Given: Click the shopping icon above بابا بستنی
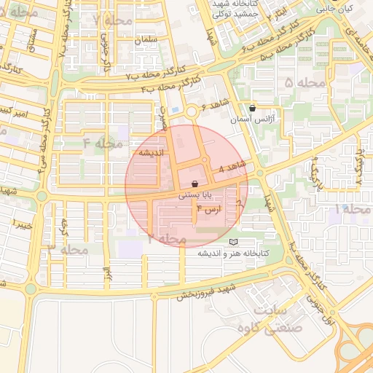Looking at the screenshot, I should click(195, 184).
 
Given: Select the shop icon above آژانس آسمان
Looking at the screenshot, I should click(253, 107).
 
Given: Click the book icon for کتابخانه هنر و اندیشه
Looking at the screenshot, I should click(233, 242).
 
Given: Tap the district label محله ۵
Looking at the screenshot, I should click(305, 83).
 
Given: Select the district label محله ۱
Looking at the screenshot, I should click(351, 209).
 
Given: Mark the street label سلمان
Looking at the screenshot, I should click(146, 39).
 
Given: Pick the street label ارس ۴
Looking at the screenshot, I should click(210, 209).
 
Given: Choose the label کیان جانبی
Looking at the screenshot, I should click(336, 9).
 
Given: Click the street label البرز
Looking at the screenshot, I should click(106, 272).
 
